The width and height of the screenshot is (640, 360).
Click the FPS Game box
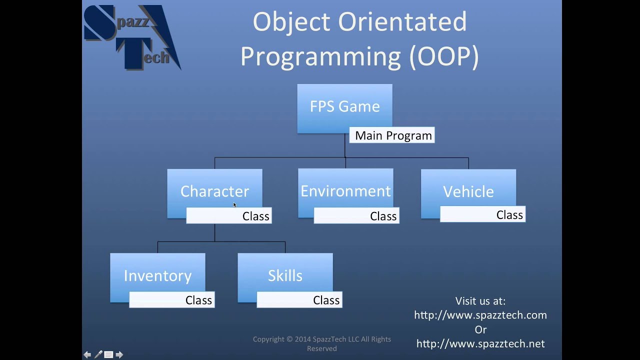pos(344,106)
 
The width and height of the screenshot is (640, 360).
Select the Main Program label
pos(393,135)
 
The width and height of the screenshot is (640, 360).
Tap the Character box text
pos(214,191)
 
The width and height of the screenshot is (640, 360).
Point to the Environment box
pos(345,191)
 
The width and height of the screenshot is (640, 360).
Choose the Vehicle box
pos(468,191)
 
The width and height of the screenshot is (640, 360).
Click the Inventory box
pos(157,275)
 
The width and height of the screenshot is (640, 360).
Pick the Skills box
pos(285,275)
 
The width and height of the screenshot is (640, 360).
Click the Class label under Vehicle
pos(509,214)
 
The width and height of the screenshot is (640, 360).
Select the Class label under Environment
pos(383,216)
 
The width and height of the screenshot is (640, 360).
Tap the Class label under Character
pos(255,216)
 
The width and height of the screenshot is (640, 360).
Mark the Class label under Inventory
pos(198,300)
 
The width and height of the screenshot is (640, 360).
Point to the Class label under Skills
pos(326,300)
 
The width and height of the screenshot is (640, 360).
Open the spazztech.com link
pos(480,315)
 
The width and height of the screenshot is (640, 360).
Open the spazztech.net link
pos(480,343)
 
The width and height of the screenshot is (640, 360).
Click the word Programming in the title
pos(320,57)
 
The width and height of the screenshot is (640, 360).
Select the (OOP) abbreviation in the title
pos(444,57)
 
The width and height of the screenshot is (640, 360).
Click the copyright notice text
pos(321,343)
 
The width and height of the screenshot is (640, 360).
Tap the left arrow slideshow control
pos(87,354)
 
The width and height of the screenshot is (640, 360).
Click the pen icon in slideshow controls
pos(98,354)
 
